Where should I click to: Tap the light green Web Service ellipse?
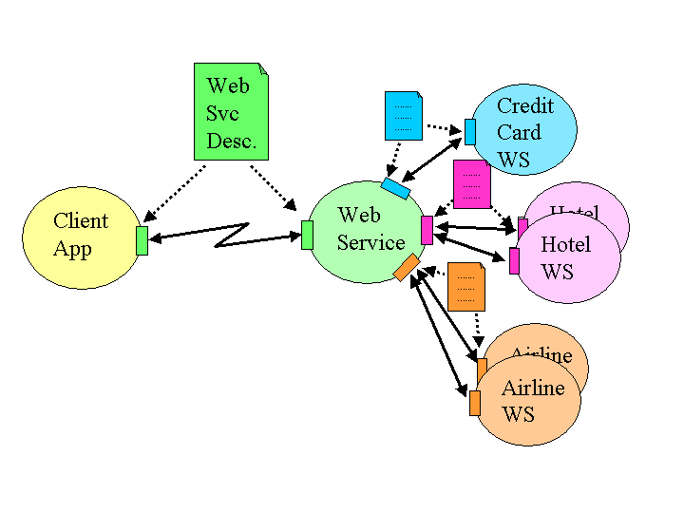[367, 231]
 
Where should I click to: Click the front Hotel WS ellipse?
[569, 258]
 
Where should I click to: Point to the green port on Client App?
[142, 240]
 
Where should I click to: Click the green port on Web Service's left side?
[307, 235]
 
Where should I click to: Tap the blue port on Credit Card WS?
[469, 132]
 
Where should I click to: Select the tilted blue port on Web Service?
[395, 188]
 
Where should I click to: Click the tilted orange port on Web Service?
[407, 268]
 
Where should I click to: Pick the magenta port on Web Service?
[427, 230]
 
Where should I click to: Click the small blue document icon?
[403, 116]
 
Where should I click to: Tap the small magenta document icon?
[471, 184]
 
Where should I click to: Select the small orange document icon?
[465, 286]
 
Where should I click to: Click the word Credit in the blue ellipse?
[524, 105]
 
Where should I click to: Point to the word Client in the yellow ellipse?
[81, 221]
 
